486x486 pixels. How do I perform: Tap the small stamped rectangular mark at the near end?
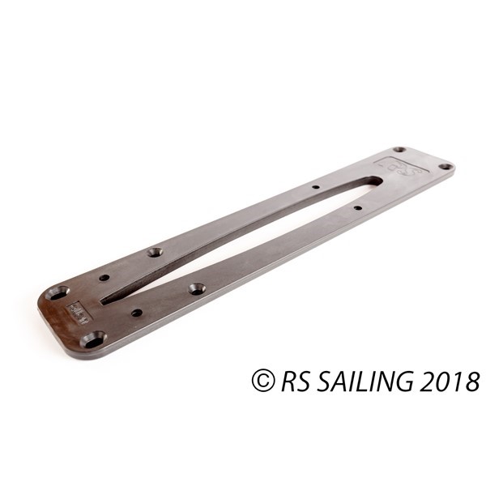(x=79, y=309)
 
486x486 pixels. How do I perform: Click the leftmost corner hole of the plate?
(x=58, y=292)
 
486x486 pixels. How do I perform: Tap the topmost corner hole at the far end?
(x=399, y=150)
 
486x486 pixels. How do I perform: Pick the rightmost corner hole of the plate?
(x=445, y=166)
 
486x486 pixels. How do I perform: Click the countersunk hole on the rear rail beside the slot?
(x=155, y=252)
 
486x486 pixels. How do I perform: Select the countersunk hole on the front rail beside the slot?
(x=197, y=288)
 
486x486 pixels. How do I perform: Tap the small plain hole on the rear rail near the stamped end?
(x=104, y=278)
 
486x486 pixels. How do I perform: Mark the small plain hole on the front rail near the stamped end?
(x=137, y=312)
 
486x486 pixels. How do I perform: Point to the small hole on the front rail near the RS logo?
(x=357, y=208)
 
